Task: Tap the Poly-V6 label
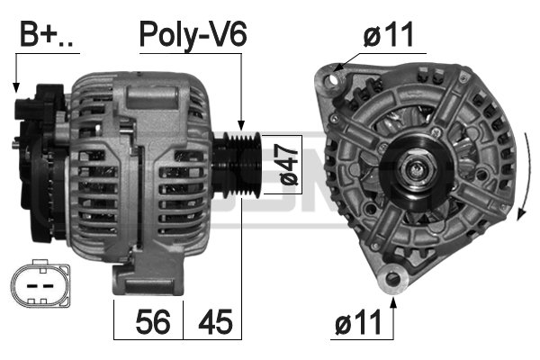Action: (193, 35)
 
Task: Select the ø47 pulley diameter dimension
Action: (289, 165)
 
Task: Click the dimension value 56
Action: (153, 322)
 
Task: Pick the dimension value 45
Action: (216, 322)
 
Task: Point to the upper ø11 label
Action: (388, 34)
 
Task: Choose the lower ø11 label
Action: (358, 322)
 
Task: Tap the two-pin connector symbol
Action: (40, 285)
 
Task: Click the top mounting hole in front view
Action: (333, 80)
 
